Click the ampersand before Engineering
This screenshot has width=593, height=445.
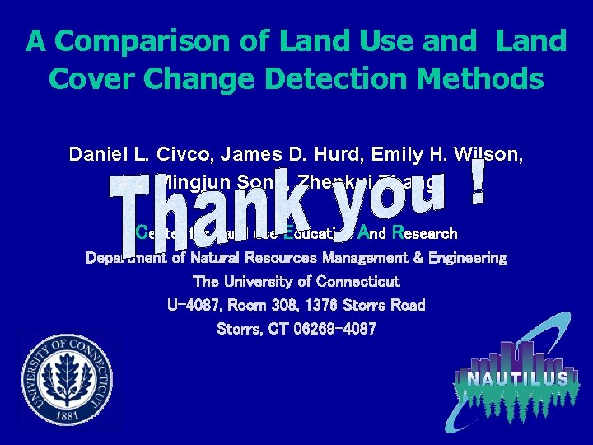point(414,258)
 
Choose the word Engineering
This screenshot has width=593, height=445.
point(466,258)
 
